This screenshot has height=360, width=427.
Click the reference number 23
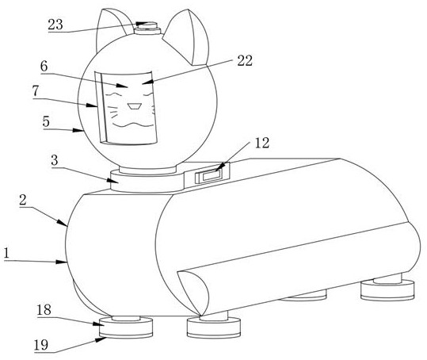coord(55,25)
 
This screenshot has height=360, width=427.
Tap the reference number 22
coord(245,60)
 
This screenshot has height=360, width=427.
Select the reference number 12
coord(262,143)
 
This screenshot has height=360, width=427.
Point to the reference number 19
coord(41,345)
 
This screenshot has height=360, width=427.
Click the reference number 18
coord(44,310)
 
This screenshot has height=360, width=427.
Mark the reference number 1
coord(6,254)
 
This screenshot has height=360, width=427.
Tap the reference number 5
coord(46,121)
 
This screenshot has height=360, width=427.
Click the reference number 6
coord(44,67)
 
